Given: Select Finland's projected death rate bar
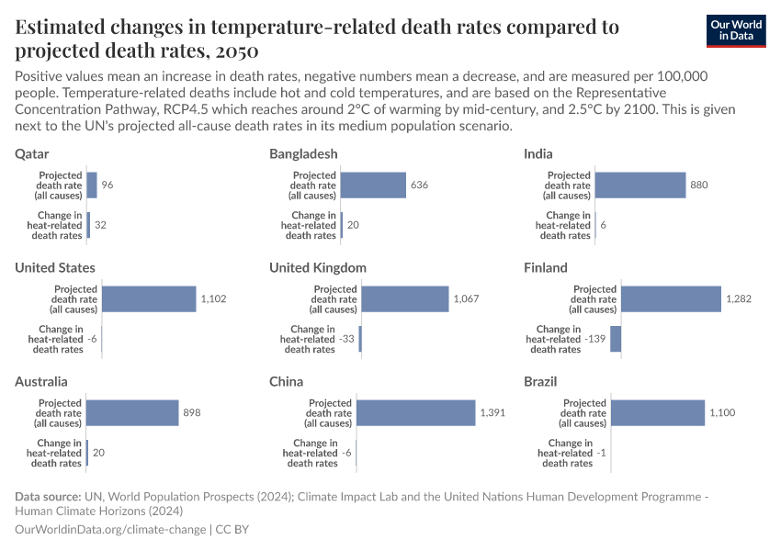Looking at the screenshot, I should (671, 299).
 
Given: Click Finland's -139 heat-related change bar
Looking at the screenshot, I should (616, 339).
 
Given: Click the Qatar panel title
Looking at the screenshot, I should (32, 154).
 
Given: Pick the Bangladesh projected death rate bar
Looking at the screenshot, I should (374, 186).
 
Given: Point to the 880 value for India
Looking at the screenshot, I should (700, 186).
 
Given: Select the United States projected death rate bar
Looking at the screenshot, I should (149, 299).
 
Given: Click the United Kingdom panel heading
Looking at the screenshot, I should (318, 268).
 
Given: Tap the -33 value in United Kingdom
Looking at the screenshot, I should (347, 339).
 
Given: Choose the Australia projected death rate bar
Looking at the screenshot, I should (132, 413).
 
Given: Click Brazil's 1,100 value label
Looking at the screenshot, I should (722, 413).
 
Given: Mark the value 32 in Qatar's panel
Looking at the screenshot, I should (101, 225).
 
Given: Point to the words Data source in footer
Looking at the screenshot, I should (48, 497).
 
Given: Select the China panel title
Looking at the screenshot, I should (286, 382).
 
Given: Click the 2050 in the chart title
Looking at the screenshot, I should (231, 50).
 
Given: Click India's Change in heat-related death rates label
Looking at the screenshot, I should (563, 225).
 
